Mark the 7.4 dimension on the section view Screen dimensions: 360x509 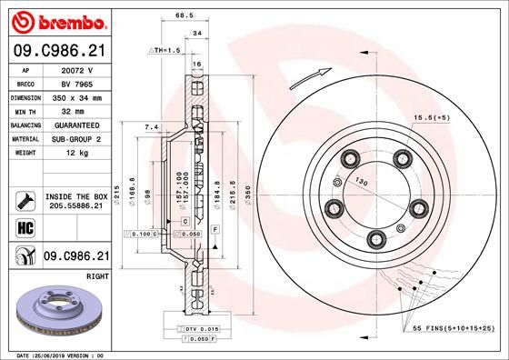coord(152,126)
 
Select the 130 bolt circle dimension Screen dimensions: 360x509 coord(363,179)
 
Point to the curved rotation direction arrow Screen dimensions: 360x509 coord(307,79)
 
